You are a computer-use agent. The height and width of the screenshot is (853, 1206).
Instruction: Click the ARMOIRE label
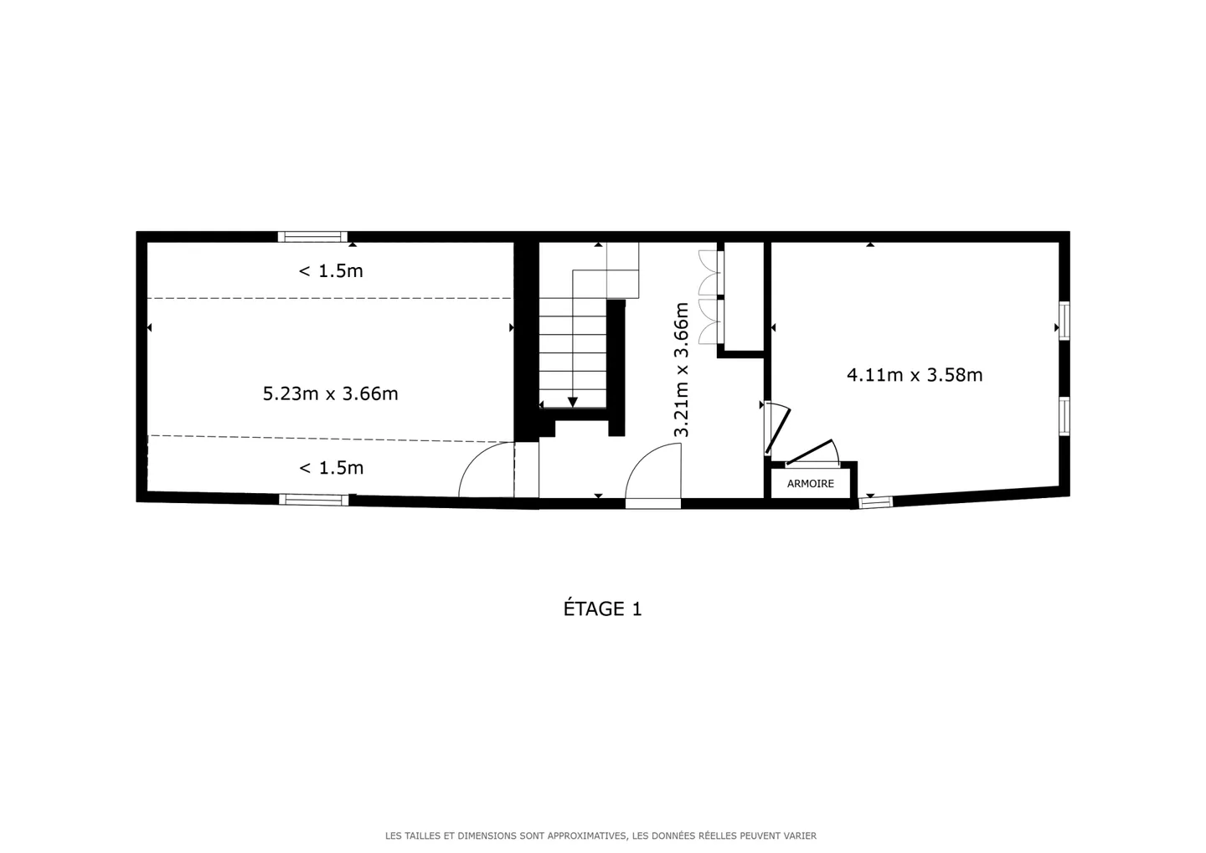click(810, 484)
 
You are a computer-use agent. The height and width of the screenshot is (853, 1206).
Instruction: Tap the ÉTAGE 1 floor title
click(602, 609)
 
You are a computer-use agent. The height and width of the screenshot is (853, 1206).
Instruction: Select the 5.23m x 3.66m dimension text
click(330, 393)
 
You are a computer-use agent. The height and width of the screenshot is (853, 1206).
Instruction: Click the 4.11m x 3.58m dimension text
click(915, 375)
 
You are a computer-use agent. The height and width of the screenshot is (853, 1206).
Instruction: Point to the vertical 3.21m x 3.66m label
click(682, 369)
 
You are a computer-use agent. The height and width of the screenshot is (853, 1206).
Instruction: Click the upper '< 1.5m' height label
click(331, 271)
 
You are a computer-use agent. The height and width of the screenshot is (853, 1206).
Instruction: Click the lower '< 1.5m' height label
click(332, 468)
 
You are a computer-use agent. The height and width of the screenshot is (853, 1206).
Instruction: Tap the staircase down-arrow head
click(573, 403)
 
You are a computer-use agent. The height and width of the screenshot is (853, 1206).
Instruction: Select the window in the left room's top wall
click(312, 237)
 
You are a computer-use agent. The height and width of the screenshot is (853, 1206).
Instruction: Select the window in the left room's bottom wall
click(313, 500)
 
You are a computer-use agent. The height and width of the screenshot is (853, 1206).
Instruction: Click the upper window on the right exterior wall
click(1064, 321)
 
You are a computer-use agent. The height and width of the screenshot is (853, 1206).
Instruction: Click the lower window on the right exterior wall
click(1064, 416)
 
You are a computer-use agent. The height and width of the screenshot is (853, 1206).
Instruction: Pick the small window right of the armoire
click(875, 502)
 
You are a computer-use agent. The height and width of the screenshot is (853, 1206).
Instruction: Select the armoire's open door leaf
click(811, 453)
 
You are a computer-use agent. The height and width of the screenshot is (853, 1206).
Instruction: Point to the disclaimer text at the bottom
click(600, 835)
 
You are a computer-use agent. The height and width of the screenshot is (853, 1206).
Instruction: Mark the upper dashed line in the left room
click(330, 298)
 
